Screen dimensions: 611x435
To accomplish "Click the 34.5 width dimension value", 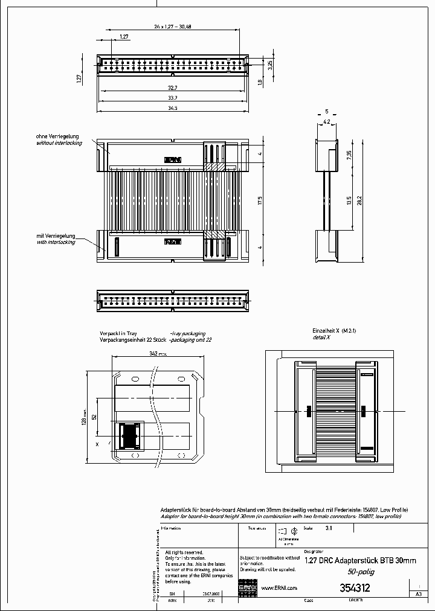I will tap(173, 108).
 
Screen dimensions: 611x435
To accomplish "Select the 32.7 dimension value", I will tap(173, 88).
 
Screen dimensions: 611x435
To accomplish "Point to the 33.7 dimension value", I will tap(173, 98).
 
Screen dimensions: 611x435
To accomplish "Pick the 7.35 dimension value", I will tap(349, 154).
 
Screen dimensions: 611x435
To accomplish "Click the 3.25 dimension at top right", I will tap(270, 62).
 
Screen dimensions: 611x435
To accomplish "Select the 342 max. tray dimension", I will tap(158, 354).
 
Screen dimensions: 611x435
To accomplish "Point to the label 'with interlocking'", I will tap(56, 242).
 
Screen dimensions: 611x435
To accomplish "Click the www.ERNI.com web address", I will tap(279, 588).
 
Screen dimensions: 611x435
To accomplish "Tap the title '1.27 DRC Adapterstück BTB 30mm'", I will tap(360, 561).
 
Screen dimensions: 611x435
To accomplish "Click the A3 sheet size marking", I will tap(418, 594).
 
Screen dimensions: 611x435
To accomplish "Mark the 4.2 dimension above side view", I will tap(327, 121).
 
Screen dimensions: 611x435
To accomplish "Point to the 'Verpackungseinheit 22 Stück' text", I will tap(132, 340).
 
